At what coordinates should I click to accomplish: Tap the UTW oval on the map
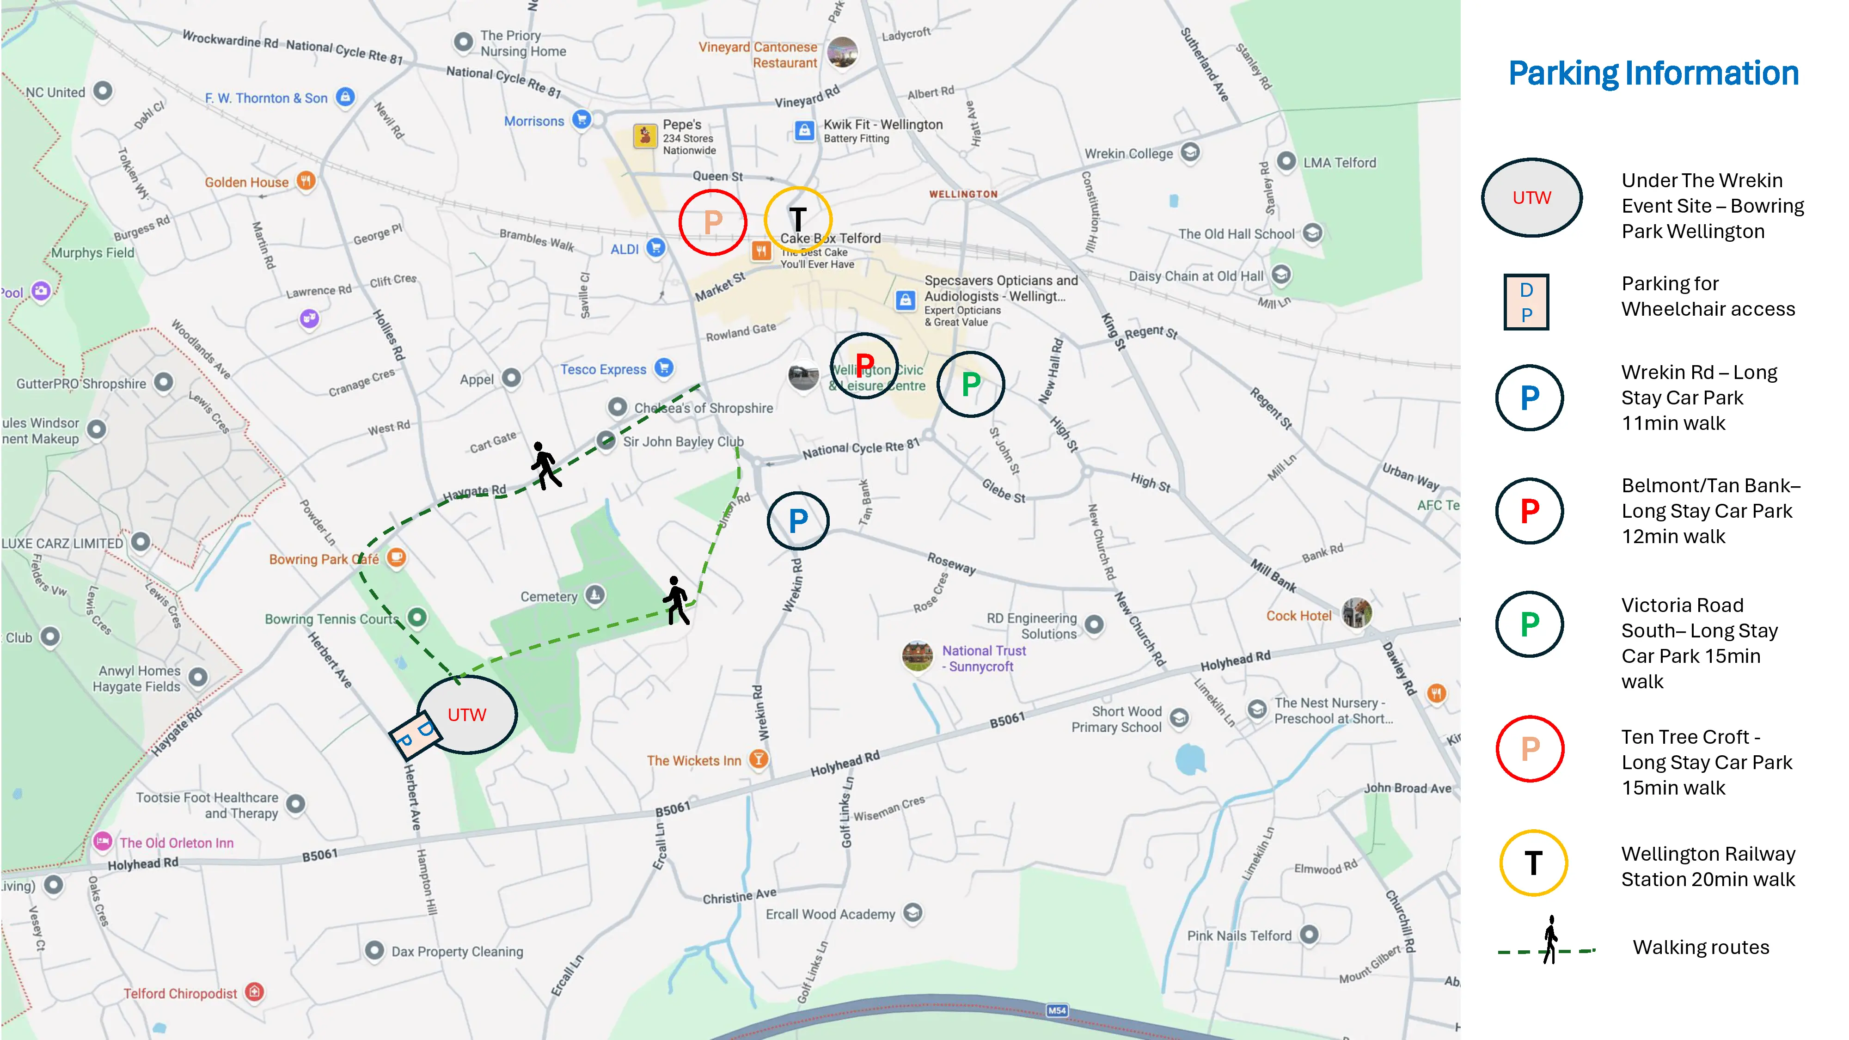[x=467, y=714]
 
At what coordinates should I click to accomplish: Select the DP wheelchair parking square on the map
[x=414, y=734]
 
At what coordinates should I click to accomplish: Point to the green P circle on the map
[x=970, y=384]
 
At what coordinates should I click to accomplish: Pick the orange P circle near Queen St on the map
[x=713, y=222]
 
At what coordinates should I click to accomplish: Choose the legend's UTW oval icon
[x=1532, y=197]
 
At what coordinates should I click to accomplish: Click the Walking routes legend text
[x=1701, y=948]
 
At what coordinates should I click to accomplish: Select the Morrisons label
[x=534, y=121]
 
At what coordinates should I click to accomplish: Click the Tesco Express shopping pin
[x=665, y=367]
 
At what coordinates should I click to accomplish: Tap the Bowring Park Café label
[x=324, y=559]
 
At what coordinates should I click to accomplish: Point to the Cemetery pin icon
[x=594, y=595]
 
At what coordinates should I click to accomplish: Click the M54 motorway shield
[x=1057, y=1010]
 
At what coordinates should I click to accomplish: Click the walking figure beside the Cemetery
[x=676, y=600]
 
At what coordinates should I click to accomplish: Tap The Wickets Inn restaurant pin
[x=758, y=759]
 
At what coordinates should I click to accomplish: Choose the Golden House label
[x=246, y=182]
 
